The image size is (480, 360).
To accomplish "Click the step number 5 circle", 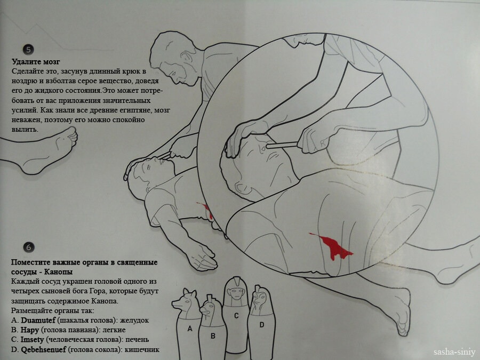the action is pyautogui.click(x=28, y=50).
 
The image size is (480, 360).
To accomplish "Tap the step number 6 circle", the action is pyautogui.click(x=29, y=247).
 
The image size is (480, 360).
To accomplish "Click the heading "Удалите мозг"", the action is pyautogui.click(x=36, y=62).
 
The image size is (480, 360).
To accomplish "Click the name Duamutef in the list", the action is pyautogui.click(x=38, y=320).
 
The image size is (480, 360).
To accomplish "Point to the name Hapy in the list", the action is pyautogui.click(x=30, y=330).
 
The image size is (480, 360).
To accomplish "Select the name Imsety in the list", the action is pyautogui.click(x=32, y=340).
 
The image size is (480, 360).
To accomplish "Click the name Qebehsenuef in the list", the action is pyautogui.click(x=43, y=349).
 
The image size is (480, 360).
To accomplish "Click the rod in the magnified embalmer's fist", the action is pyautogui.click(x=282, y=145).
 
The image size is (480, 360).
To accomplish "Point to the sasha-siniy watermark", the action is pyautogui.click(x=454, y=352).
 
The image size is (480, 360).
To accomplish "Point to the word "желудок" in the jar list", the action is pyautogui.click(x=134, y=320).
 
